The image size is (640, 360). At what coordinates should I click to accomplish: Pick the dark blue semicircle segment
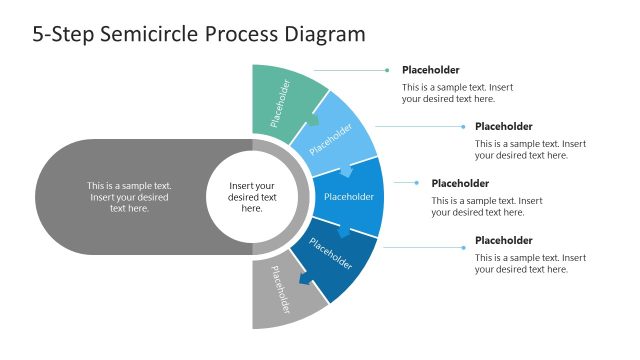click(x=333, y=256)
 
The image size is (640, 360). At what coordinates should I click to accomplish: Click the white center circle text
click(x=252, y=197)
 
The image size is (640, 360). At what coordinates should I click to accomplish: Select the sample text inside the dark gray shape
click(x=128, y=197)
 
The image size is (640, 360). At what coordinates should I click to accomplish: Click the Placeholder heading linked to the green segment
click(x=431, y=70)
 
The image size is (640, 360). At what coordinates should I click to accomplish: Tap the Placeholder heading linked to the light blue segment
click(x=503, y=127)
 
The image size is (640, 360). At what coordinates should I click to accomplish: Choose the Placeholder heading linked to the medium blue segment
click(x=460, y=184)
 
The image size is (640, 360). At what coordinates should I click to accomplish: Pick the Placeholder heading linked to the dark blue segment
click(x=503, y=241)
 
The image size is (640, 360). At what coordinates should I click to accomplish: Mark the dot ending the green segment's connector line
click(x=387, y=70)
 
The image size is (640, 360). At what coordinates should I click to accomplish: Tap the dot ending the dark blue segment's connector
click(x=461, y=241)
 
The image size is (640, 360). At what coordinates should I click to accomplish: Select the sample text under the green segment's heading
click(x=456, y=93)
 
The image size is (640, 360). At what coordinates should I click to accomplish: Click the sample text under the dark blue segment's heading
click(x=529, y=264)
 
